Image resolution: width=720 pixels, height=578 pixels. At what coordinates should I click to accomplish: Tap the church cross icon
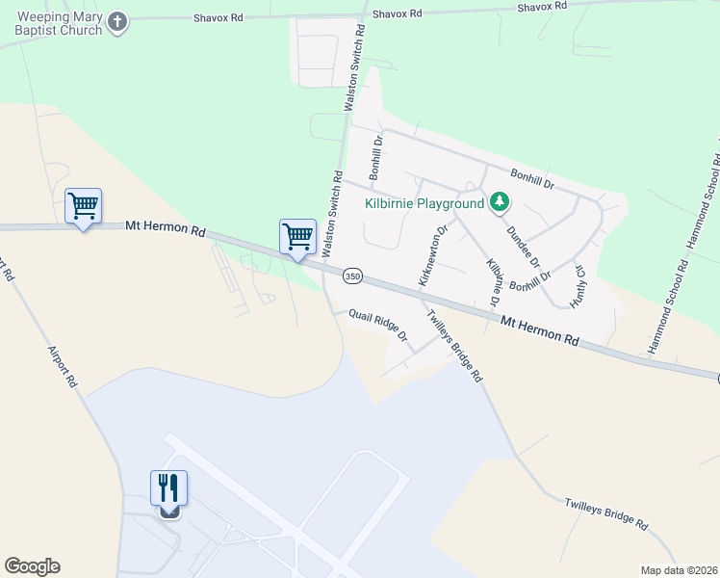[x=117, y=23]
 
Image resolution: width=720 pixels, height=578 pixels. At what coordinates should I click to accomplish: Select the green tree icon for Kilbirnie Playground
[x=499, y=202]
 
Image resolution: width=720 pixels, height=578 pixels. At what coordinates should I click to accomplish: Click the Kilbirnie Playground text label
[x=424, y=203]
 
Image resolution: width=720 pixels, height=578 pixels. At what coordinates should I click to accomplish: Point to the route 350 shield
[x=352, y=276]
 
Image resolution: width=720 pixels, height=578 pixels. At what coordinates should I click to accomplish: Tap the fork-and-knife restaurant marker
[x=168, y=488]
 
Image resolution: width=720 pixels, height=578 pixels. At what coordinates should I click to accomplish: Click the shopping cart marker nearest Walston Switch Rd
[x=297, y=237]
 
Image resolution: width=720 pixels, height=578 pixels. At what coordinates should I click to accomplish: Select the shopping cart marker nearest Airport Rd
[x=83, y=205]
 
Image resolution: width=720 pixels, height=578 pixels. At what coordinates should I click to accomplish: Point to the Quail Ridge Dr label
[x=378, y=327]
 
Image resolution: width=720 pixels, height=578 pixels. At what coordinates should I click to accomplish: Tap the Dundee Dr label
[x=523, y=248]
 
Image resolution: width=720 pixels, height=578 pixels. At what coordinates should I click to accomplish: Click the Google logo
[x=32, y=566]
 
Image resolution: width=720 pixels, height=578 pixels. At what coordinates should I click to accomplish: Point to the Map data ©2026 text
[x=679, y=570]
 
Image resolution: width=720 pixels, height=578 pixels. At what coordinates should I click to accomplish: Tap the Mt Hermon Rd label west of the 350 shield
[x=166, y=230]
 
